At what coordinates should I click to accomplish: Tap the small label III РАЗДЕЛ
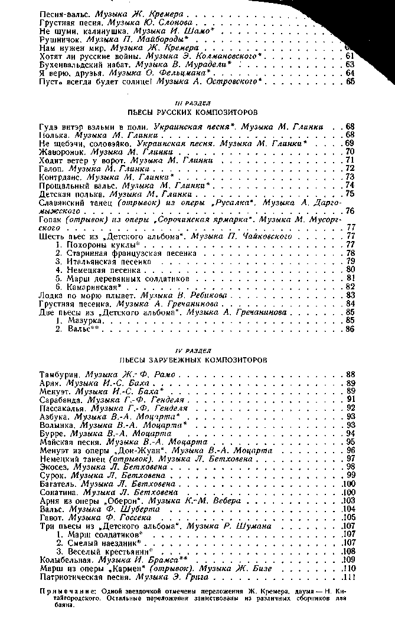point(197,103)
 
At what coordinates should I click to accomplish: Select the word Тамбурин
point(60,374)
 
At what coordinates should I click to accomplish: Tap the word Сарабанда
point(61,400)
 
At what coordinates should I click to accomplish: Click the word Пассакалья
point(62,408)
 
